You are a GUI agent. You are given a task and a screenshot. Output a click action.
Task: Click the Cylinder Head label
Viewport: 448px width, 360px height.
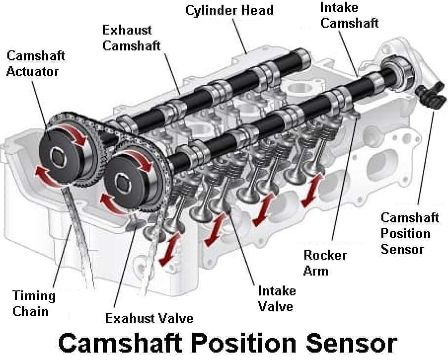point(229,10)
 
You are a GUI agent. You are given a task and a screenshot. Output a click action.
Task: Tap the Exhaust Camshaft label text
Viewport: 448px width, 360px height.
point(131,38)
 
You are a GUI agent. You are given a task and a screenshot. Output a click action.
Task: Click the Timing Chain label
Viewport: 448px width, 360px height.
point(34,303)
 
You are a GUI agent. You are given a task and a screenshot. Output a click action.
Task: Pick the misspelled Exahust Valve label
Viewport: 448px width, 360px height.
point(149,318)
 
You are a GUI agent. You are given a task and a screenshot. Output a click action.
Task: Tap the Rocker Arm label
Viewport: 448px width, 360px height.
point(325,263)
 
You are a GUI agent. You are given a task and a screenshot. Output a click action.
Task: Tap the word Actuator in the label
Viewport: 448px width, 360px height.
point(33,71)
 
